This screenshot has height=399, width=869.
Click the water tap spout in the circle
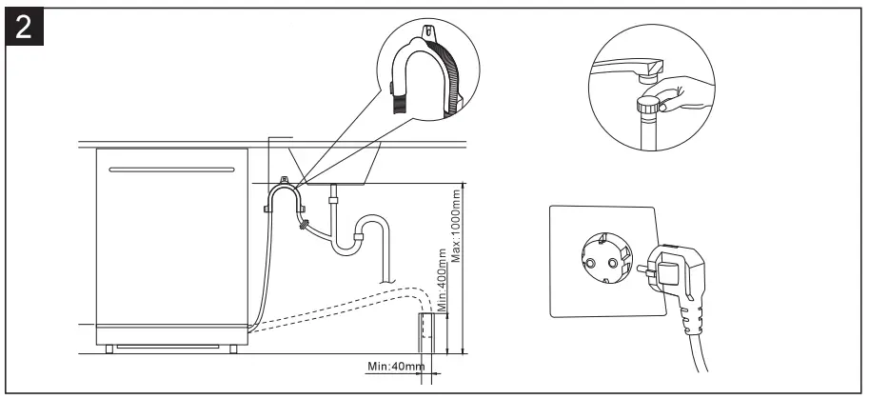pyautogui.click(x=628, y=68)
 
